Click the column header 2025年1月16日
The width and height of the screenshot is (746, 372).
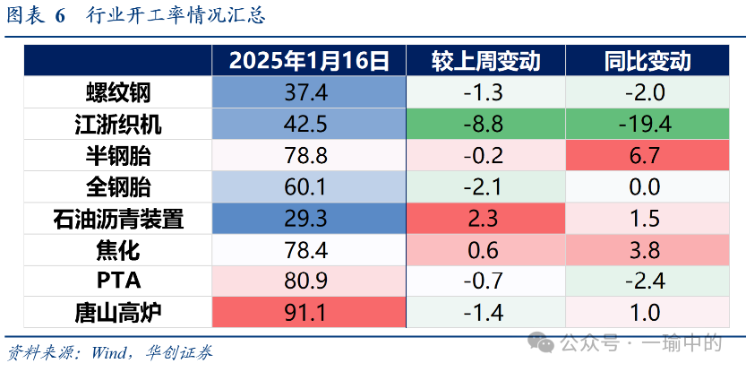[x=307, y=61]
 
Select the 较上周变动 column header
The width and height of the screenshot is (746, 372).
[x=485, y=61]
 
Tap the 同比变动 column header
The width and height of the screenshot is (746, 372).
[x=647, y=61]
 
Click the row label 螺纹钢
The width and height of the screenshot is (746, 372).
[x=118, y=92]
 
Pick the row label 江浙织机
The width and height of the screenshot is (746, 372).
[x=118, y=125]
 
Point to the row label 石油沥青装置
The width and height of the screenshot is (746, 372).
[x=118, y=219]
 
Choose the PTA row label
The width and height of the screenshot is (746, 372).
[x=118, y=281]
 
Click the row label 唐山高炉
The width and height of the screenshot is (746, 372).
[x=118, y=313]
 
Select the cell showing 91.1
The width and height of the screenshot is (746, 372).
[x=307, y=313]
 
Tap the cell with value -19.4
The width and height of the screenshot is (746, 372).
[x=647, y=125]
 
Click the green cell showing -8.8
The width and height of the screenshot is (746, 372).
[x=485, y=125]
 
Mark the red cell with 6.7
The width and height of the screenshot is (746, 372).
[x=647, y=156]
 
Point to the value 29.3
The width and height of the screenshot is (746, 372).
[x=307, y=219]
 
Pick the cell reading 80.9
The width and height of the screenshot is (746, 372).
[x=307, y=281]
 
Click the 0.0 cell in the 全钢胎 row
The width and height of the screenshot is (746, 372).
[x=647, y=187]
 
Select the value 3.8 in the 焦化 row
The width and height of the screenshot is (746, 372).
[x=647, y=250]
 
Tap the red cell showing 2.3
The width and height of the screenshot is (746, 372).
[x=485, y=219]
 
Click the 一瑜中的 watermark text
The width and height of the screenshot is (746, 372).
[x=681, y=342]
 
